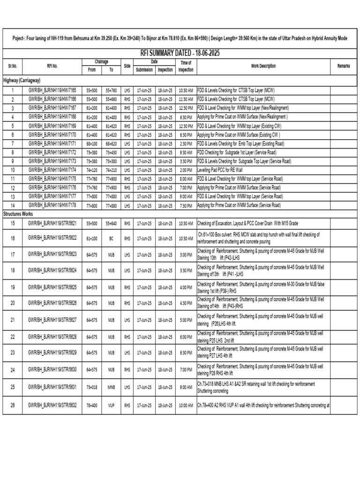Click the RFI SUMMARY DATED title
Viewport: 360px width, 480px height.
180,53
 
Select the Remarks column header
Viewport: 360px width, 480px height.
344,67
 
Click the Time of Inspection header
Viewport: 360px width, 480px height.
186,67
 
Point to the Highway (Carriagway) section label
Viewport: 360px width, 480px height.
23,80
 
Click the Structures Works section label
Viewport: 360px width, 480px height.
19,214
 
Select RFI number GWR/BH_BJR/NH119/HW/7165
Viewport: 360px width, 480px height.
55,90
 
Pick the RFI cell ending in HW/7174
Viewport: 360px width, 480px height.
55,170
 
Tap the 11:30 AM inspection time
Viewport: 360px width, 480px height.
186,98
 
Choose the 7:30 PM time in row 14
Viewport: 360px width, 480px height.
186,205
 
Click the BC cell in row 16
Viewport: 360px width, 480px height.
111,239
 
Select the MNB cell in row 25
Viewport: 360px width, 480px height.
111,387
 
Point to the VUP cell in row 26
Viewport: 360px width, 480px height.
111,405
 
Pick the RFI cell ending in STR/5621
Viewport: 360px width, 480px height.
55,224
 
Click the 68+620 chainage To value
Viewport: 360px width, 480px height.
111,143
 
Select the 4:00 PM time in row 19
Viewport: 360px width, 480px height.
186,287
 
